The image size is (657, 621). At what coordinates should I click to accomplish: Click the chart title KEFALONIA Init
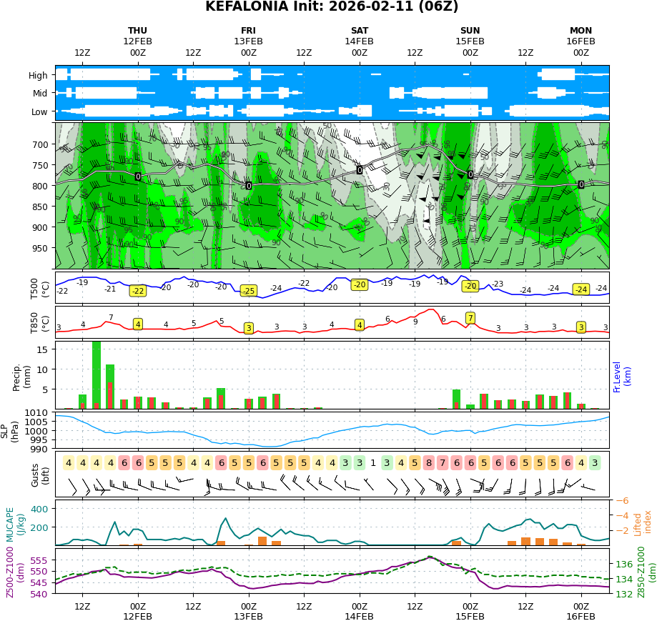pyautogui.click(x=332, y=7)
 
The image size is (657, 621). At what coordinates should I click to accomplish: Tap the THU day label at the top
pyautogui.click(x=138, y=31)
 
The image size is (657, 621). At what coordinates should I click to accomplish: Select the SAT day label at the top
pyautogui.click(x=360, y=31)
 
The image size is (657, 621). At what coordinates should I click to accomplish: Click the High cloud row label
pyautogui.click(x=39, y=75)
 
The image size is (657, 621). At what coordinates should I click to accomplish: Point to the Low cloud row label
pyautogui.click(x=39, y=112)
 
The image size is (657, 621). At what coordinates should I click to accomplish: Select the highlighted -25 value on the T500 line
pyautogui.click(x=248, y=291)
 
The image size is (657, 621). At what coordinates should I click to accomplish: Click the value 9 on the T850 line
pyautogui.click(x=415, y=322)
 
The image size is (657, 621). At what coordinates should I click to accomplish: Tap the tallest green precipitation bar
pyautogui.click(x=97, y=374)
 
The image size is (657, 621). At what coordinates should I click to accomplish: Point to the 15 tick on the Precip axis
pyautogui.click(x=41, y=349)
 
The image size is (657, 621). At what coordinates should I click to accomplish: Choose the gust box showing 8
pyautogui.click(x=429, y=463)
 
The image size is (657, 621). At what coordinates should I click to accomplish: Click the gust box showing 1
pyautogui.click(x=373, y=463)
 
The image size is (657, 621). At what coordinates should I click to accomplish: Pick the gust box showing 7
pyautogui.click(x=443, y=463)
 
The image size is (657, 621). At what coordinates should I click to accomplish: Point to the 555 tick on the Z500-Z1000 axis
pyautogui.click(x=39, y=560)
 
